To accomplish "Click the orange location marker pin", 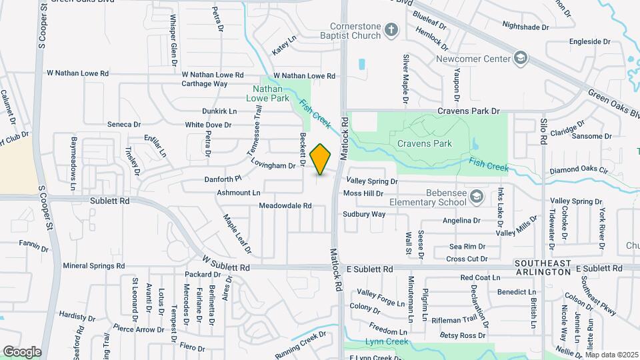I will (x=321, y=159).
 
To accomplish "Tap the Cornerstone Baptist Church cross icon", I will (x=391, y=29).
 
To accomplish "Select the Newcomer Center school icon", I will (x=519, y=58).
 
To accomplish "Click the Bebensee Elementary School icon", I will (x=475, y=196).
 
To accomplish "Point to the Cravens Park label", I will (x=425, y=143).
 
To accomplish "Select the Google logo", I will (x=22, y=351).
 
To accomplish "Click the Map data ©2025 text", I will (x=611, y=355).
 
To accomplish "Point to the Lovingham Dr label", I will (x=273, y=165).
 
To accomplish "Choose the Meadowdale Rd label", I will (x=285, y=206).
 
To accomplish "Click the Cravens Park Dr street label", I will (x=468, y=111).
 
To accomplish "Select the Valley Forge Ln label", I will (x=381, y=297).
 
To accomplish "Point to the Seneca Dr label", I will (x=124, y=125).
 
